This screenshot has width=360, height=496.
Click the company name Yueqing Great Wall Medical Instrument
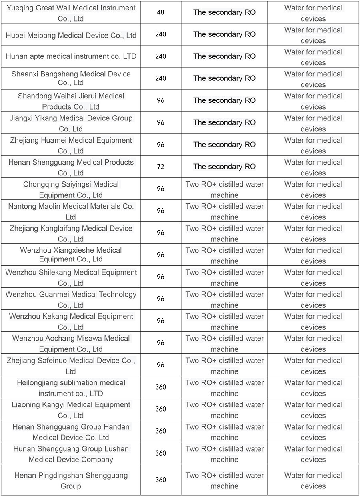click(71, 13)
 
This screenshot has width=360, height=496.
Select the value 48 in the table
click(160, 12)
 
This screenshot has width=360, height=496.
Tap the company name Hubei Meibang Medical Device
click(71, 35)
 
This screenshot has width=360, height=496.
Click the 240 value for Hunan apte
click(160, 56)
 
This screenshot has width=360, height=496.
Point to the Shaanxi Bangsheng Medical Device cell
click(71, 78)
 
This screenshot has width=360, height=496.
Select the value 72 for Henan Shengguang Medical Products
click(160, 167)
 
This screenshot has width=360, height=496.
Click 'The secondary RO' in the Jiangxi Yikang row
click(224, 122)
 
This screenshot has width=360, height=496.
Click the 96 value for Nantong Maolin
click(160, 211)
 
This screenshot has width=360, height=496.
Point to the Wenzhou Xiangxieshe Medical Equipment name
click(71, 255)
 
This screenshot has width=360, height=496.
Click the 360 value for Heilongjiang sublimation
click(160, 387)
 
